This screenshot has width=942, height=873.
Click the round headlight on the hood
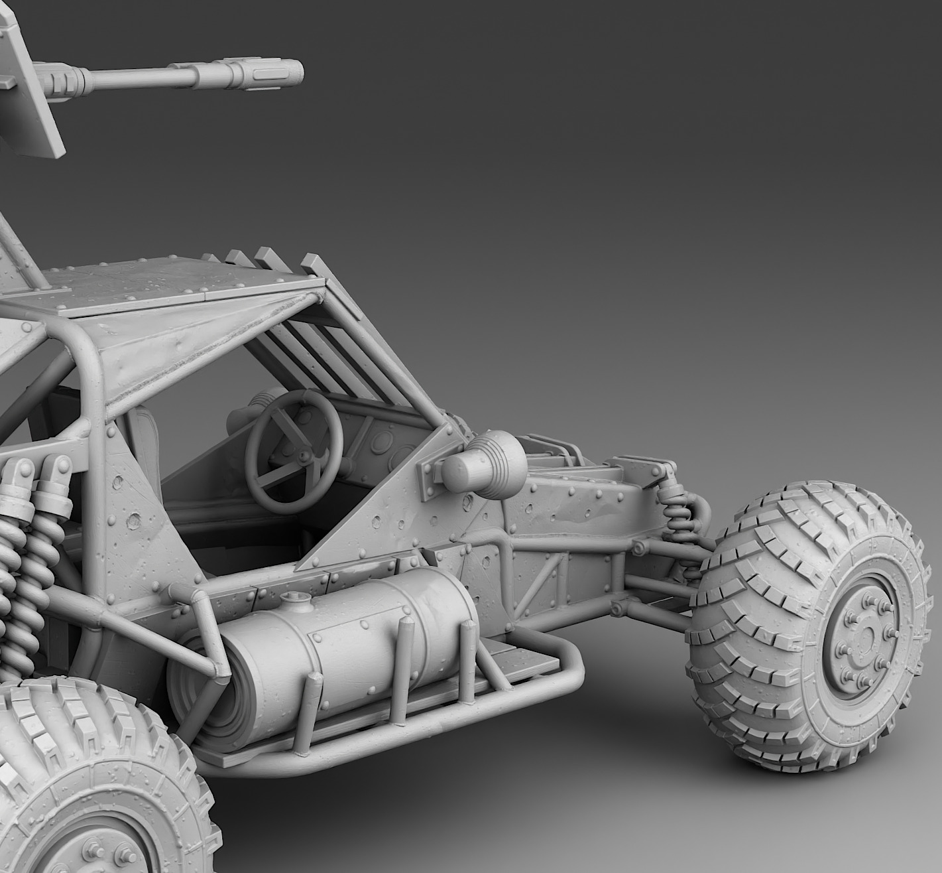point(478,464)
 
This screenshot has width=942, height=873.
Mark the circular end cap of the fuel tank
point(196,690)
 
